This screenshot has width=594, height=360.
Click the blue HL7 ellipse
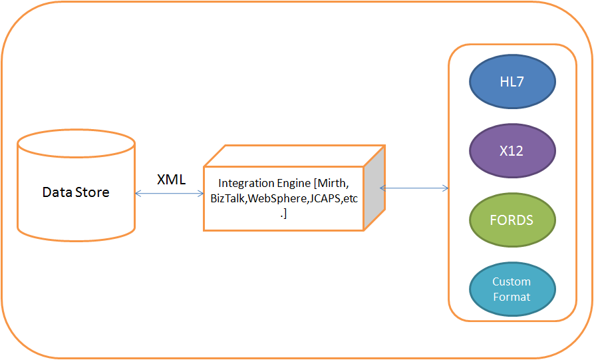pos(512,82)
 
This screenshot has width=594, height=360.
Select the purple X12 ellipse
pos(512,151)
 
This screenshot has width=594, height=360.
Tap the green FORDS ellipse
pos(512,220)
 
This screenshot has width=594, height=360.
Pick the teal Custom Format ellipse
pos(512,289)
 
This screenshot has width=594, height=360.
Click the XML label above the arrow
pos(171,180)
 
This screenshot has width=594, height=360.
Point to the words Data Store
pos(76,192)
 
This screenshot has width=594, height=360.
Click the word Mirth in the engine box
pos(331,183)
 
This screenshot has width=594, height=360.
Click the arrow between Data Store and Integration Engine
pos(169,194)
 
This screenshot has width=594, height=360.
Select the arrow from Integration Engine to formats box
pos(414,188)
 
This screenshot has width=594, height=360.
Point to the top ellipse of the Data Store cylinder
pos(76,142)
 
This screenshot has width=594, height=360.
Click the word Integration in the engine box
pos(243,183)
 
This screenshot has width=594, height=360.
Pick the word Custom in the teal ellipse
pos(512,282)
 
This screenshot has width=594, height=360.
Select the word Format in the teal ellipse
pos(512,297)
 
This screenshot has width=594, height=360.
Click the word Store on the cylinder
pos(93,192)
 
